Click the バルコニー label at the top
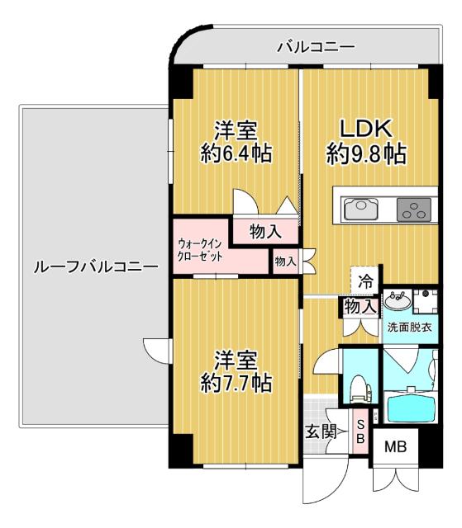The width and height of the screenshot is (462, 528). [315, 46]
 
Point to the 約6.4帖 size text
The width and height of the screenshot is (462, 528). [236, 153]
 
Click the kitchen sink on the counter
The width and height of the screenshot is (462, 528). [361, 209]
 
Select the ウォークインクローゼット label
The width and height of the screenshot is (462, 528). [200, 249]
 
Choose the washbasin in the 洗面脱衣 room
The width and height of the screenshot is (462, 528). [395, 300]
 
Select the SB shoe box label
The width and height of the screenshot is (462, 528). [360, 431]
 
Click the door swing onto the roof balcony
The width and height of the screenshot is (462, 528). [157, 346]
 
